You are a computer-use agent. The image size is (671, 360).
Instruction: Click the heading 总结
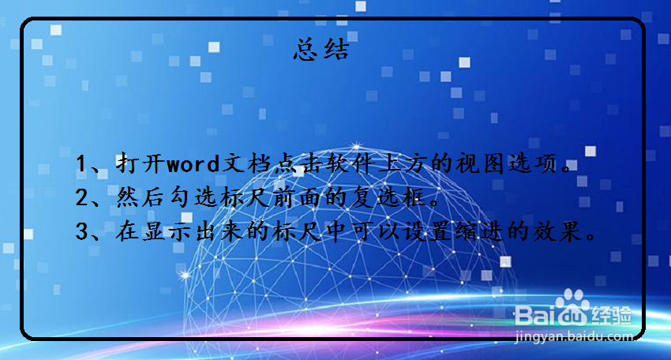click(321, 49)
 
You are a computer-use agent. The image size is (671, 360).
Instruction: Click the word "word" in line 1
click(193, 164)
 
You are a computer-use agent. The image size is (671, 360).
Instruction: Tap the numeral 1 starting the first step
click(81, 164)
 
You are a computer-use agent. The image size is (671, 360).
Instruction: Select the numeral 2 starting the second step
click(81, 198)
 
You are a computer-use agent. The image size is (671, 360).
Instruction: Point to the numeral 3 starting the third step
click(81, 231)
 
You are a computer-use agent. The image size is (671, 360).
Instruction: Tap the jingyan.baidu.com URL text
click(573, 336)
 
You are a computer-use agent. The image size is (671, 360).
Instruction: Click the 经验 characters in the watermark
click(611, 316)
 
